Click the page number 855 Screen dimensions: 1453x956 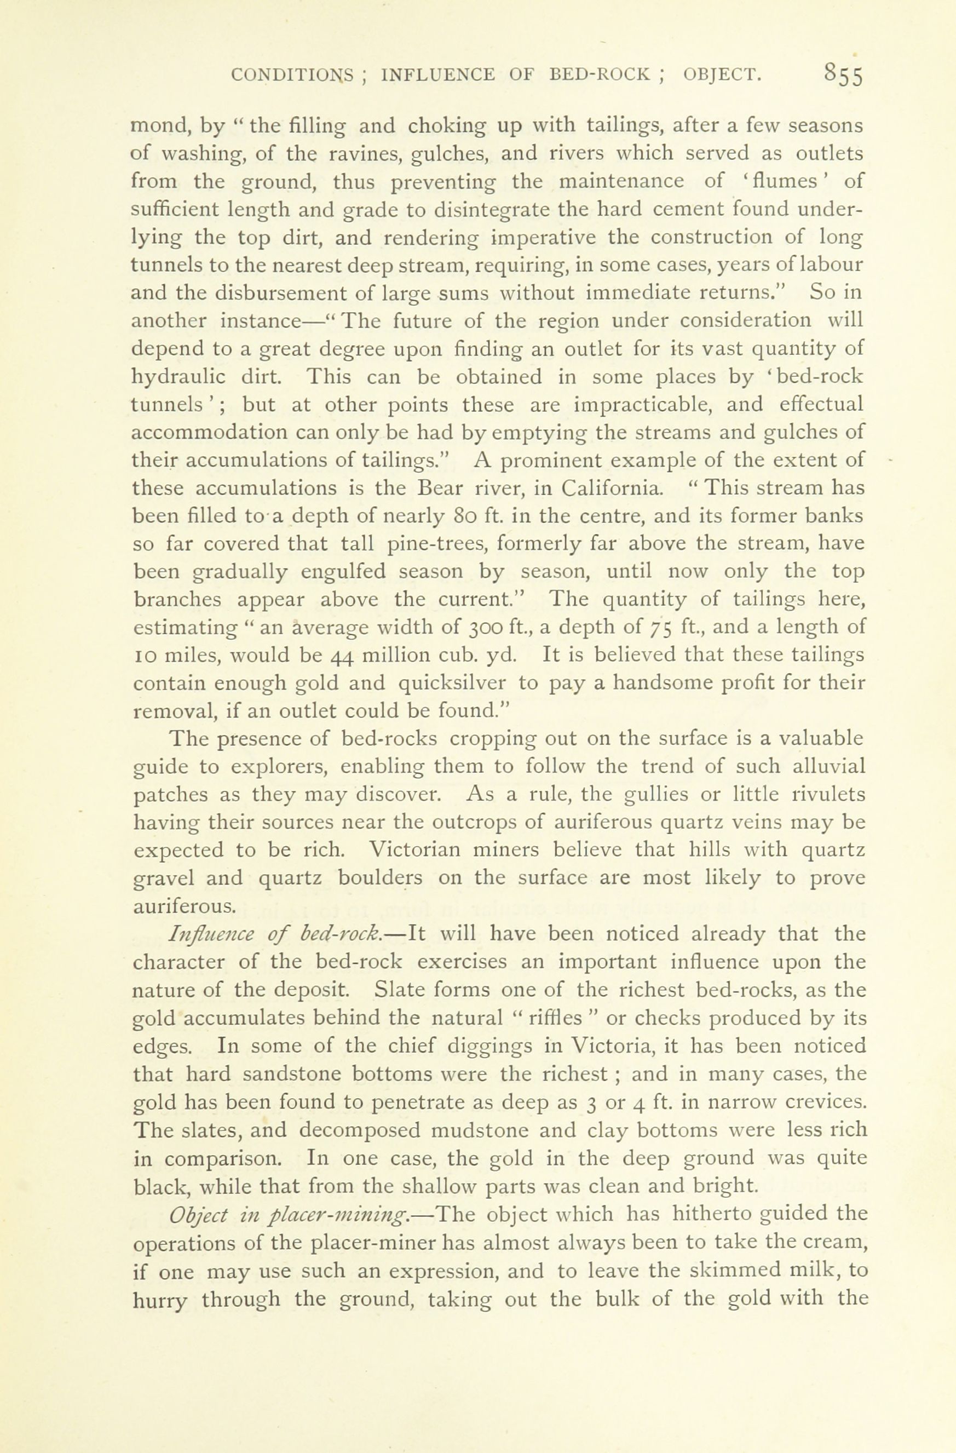(843, 76)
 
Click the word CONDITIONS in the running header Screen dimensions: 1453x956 (292, 76)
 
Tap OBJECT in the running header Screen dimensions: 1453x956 (722, 76)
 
